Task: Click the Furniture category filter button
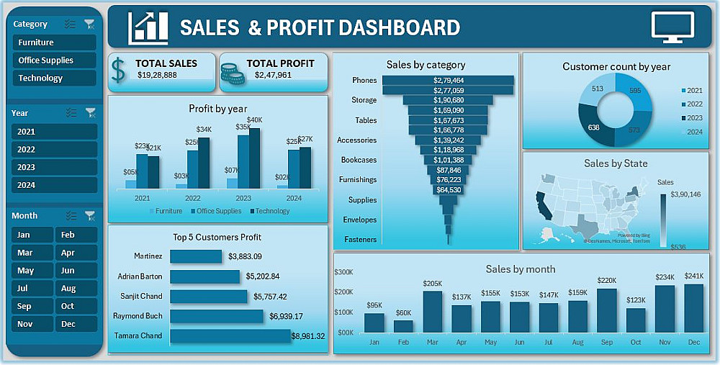[54, 42]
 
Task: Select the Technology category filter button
[54, 78]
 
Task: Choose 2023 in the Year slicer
[54, 167]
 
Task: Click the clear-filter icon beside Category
[89, 24]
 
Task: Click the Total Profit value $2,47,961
[274, 75]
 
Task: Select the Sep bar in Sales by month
[606, 310]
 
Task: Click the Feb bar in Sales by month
[403, 325]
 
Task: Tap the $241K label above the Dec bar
[693, 276]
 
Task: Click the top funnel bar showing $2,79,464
[448, 81]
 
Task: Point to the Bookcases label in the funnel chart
[358, 160]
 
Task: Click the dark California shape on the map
[543, 205]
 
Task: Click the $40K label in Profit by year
[255, 120]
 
